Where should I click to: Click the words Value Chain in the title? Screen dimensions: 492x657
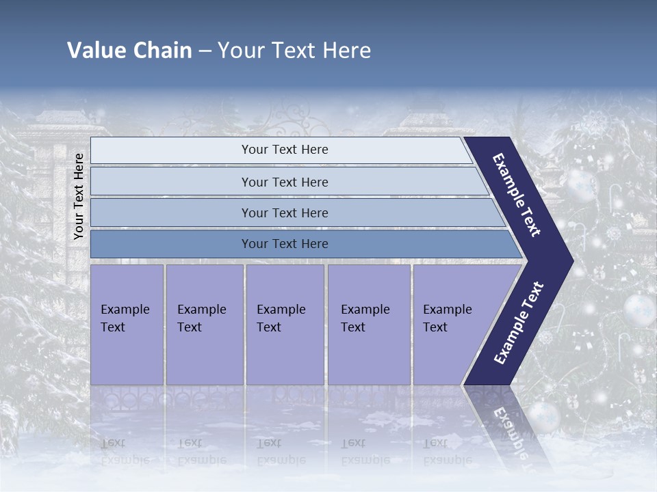click(129, 51)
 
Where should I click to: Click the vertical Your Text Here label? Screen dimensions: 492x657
click(79, 196)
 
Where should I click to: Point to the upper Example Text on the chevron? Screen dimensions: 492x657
click(517, 195)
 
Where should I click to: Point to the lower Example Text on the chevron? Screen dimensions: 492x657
click(518, 323)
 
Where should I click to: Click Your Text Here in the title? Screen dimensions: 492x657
click(294, 51)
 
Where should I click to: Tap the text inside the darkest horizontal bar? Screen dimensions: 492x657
click(285, 244)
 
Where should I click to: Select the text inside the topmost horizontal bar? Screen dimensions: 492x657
click(285, 150)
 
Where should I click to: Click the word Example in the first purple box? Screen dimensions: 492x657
click(125, 310)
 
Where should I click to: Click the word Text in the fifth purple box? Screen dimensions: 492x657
click(435, 327)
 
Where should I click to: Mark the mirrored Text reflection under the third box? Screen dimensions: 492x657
click(269, 443)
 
